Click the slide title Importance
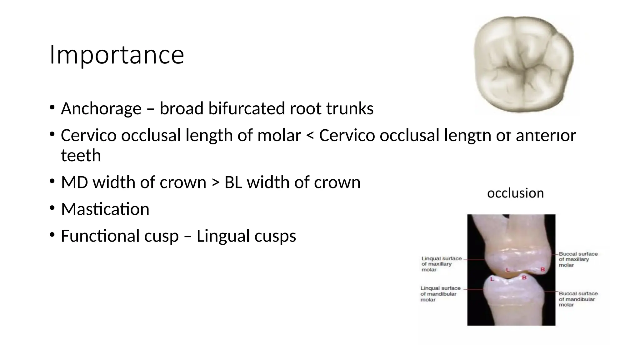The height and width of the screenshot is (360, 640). click(x=117, y=55)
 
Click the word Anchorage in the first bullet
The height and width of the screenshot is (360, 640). click(x=101, y=109)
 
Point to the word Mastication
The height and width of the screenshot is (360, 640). click(x=105, y=209)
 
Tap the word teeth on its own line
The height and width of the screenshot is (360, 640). click(x=81, y=156)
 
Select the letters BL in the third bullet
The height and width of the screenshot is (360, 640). click(x=233, y=182)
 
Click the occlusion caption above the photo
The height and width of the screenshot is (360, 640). click(x=515, y=193)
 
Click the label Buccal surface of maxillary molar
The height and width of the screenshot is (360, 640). click(x=578, y=259)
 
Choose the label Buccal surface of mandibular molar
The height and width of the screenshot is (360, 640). click(x=578, y=299)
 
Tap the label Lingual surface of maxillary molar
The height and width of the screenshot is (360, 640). click(x=441, y=264)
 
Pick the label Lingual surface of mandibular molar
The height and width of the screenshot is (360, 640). click(x=440, y=294)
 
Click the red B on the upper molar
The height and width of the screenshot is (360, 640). click(x=542, y=270)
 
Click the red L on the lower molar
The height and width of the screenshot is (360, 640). click(x=492, y=279)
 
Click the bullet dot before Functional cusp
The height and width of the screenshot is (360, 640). click(x=52, y=235)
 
